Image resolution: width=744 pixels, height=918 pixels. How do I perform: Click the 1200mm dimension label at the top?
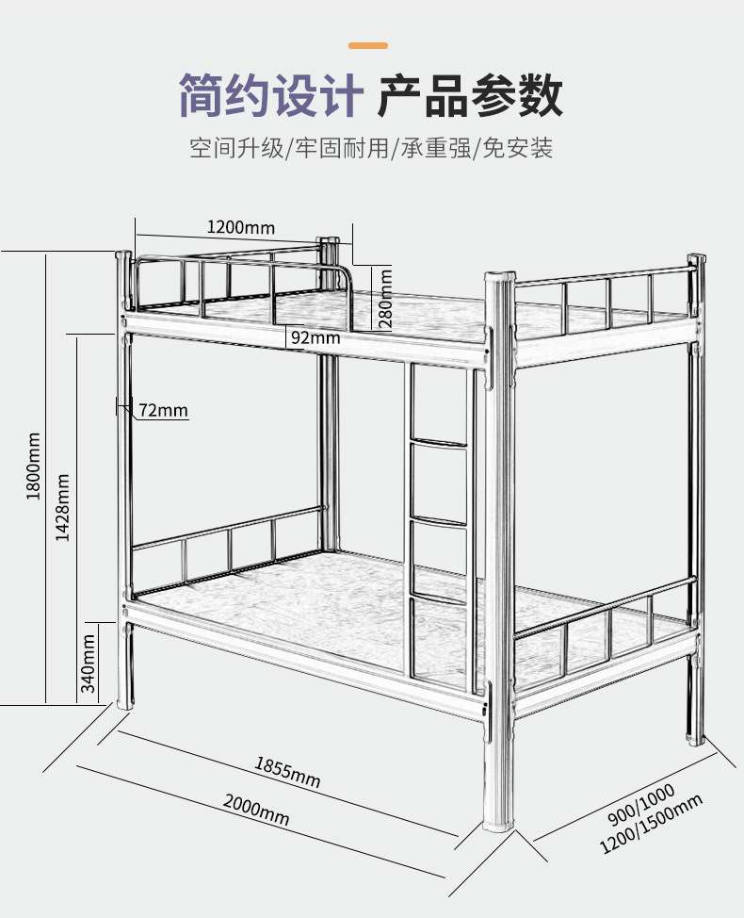(240, 227)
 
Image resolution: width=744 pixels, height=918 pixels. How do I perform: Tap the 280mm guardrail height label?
(385, 299)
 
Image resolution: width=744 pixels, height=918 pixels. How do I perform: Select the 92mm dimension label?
(315, 337)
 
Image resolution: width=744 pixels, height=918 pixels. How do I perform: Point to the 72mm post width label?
(163, 410)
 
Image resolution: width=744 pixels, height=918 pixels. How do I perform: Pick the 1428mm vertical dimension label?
(63, 505)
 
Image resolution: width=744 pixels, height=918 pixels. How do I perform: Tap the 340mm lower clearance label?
(88, 663)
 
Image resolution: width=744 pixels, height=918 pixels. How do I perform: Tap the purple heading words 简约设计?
(271, 96)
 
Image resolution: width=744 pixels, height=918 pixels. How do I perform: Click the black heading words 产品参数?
(470, 96)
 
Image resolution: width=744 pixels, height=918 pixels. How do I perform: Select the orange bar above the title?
(368, 45)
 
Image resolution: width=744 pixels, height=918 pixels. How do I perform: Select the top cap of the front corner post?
(499, 277)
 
